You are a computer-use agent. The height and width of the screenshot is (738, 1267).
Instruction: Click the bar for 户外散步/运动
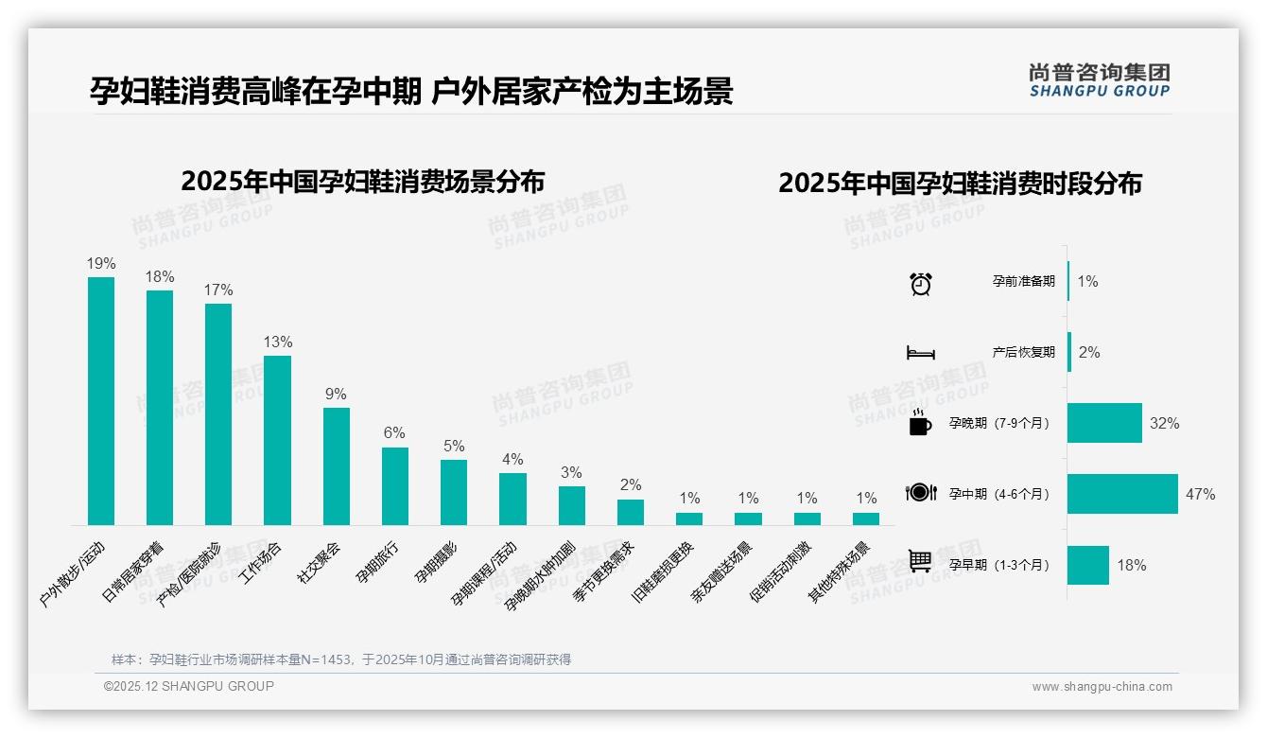pos(101,400)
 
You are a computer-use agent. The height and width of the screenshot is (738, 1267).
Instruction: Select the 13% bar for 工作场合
pos(277,440)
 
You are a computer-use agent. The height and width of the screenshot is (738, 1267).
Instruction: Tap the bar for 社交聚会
pos(336,466)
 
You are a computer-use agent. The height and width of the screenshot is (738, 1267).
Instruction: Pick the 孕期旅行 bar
pos(394,485)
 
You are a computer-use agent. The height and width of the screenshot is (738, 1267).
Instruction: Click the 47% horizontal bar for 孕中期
pos(1122,494)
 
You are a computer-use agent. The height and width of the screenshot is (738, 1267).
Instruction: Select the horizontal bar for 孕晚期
pos(1104,423)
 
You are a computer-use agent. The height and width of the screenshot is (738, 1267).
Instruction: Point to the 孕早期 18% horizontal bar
pos(1088,565)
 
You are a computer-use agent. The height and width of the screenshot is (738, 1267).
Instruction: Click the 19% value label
pos(101,264)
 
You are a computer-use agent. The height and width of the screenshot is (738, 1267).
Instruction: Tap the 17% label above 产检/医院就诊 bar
pos(218,290)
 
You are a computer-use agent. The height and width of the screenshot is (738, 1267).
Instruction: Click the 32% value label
pos(1164,423)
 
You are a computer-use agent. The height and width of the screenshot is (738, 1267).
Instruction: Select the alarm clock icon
pos(920,283)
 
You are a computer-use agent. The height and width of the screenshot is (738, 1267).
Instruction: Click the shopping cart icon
pos(920,561)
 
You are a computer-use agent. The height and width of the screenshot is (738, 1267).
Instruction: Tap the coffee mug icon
pos(920,423)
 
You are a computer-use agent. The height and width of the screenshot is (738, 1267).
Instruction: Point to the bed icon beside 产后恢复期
pos(920,353)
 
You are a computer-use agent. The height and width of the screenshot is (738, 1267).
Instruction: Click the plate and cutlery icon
pos(920,492)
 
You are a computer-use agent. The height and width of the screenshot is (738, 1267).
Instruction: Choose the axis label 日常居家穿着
pos(132,572)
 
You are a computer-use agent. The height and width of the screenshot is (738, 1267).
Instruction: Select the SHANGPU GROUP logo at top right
pos(1099,80)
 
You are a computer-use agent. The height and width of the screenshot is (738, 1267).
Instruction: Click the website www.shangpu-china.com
pos(1102,687)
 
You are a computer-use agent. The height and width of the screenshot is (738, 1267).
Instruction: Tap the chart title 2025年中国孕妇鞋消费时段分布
pos(960,183)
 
